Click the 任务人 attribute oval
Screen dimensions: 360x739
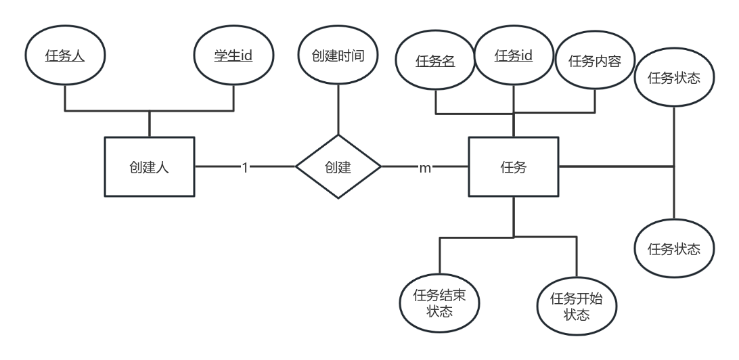tap(65, 57)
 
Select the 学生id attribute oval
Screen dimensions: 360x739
tap(233, 56)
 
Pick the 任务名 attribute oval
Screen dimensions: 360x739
tap(435, 60)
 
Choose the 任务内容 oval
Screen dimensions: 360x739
tap(595, 62)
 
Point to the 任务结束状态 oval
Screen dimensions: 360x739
tap(440, 302)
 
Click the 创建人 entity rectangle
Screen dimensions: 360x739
tap(150, 167)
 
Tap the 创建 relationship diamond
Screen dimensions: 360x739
tap(338, 166)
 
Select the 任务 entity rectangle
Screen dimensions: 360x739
tap(514, 167)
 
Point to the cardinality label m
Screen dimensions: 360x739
tap(425, 167)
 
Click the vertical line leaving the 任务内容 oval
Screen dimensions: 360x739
tap(595, 100)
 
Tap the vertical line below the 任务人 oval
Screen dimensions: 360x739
tap(65, 97)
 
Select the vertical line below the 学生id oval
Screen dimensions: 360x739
tap(233, 97)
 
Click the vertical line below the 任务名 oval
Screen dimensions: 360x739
tap(435, 100)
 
